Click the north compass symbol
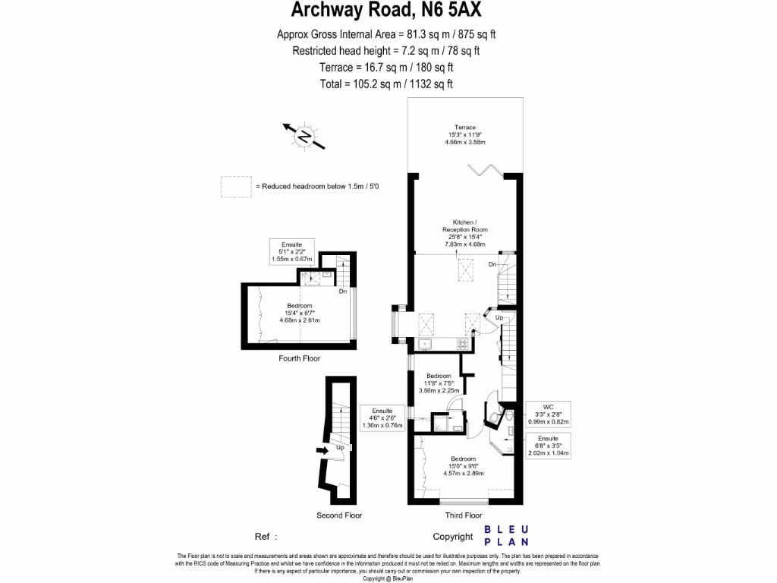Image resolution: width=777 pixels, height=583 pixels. (304, 137)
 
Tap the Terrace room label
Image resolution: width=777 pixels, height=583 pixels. (465, 134)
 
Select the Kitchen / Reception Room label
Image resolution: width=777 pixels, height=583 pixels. (465, 234)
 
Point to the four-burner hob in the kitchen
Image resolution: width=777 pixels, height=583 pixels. (461, 344)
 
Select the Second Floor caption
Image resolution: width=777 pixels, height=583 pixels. (339, 515)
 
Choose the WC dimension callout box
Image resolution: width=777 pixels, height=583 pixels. (548, 414)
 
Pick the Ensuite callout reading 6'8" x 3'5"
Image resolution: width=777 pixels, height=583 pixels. (548, 446)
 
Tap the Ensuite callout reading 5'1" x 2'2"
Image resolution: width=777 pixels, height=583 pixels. (292, 251)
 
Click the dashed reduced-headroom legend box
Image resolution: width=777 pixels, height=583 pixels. (236, 187)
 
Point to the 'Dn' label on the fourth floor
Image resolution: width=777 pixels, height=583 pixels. (343, 291)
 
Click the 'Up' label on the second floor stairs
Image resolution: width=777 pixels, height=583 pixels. (341, 448)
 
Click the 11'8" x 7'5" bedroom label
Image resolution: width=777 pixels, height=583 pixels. (439, 383)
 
